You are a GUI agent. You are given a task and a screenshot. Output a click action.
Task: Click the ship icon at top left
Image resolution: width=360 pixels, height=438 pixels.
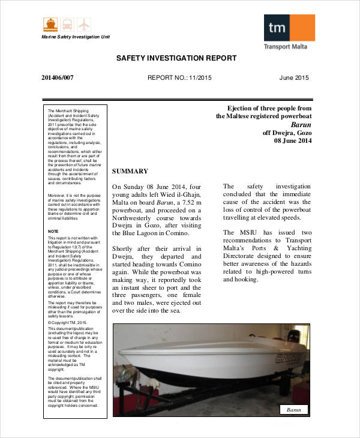coord(49,25)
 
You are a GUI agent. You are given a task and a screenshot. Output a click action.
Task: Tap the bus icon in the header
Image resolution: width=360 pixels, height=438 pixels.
coord(66,25)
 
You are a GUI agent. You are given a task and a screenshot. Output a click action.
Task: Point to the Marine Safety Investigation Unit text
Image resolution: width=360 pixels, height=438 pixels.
coord(76,37)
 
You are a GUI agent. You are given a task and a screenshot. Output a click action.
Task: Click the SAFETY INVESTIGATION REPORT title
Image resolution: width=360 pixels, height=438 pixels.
coord(176,58)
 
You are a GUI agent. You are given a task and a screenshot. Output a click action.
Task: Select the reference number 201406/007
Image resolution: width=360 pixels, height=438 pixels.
coord(58,78)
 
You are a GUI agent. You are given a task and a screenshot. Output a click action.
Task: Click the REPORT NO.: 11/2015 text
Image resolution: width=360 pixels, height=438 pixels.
coord(179,78)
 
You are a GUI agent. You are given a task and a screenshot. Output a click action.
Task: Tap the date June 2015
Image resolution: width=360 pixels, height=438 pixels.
coord(294,78)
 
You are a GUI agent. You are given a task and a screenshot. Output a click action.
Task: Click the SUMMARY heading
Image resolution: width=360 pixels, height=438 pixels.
coord(130,172)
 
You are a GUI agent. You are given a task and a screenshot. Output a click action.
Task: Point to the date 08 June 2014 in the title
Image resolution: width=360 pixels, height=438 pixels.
coord(293,141)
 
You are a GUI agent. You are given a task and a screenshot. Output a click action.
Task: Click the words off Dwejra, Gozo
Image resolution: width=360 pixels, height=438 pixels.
coord(287,133)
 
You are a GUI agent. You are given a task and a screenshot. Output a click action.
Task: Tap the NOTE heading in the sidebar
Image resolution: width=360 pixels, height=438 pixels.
coord(53,231)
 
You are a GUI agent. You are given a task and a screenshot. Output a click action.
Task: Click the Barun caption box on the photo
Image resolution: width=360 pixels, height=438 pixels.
coord(293,410)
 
